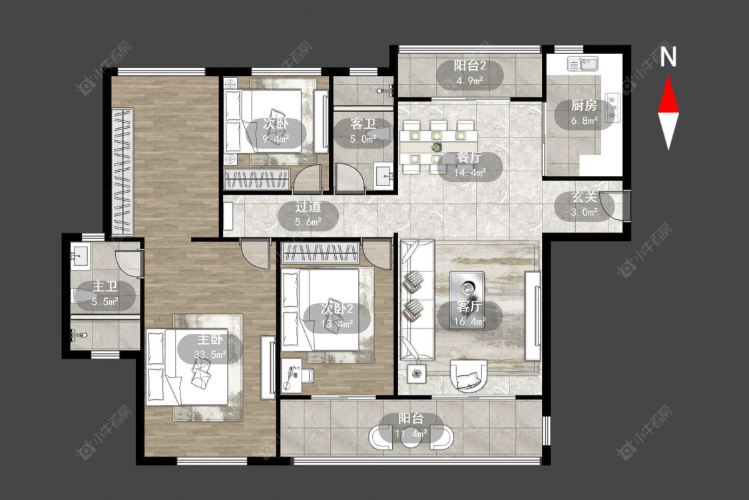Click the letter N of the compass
click(668, 57)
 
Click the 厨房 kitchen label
click(584, 105)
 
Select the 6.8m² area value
click(584, 121)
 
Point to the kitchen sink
click(583, 63)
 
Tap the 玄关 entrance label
click(584, 197)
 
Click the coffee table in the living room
click(467, 300)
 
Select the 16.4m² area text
click(469, 321)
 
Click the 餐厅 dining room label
click(469, 157)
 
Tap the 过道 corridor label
click(308, 207)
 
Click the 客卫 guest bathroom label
click(363, 124)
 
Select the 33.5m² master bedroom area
click(210, 355)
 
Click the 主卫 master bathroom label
click(105, 287)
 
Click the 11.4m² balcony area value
click(411, 434)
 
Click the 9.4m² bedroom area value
click(276, 139)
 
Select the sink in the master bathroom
click(79, 255)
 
